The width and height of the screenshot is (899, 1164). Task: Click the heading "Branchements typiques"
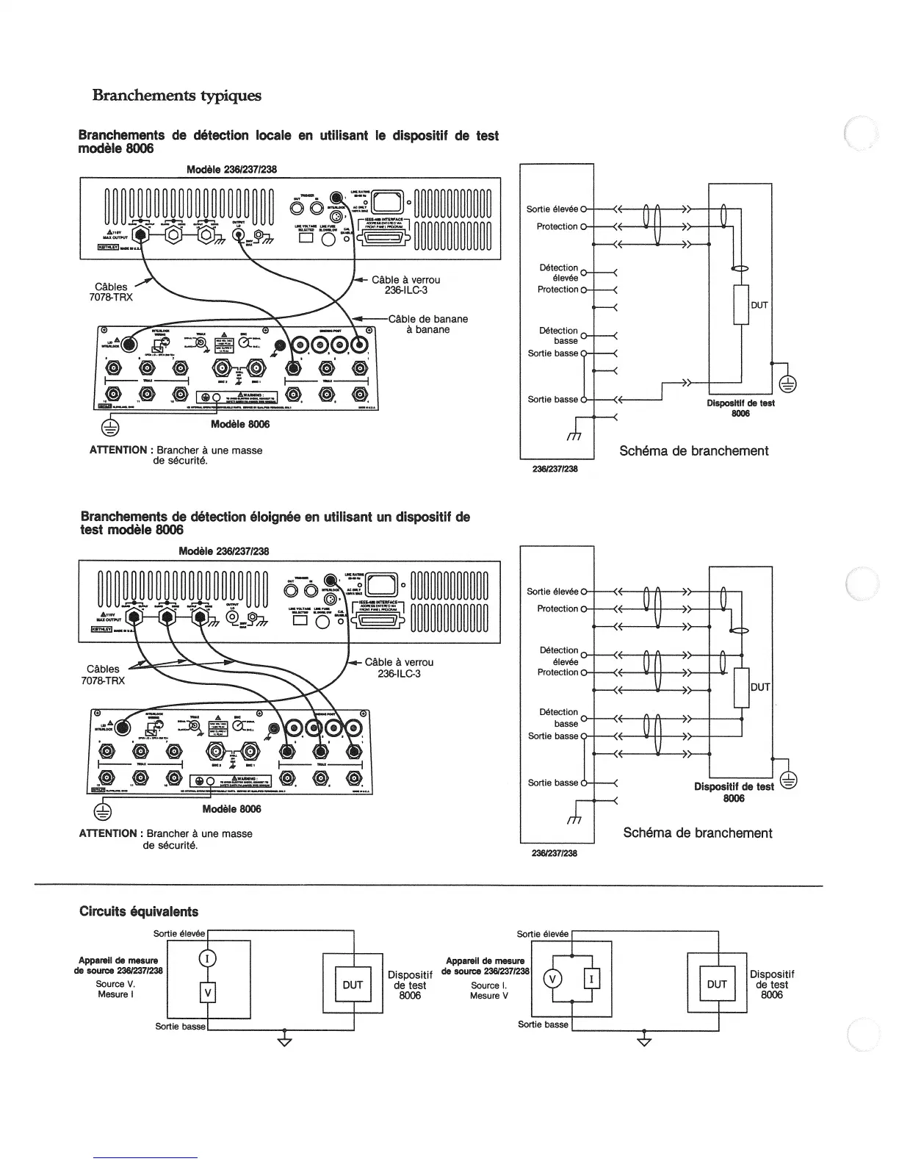176,96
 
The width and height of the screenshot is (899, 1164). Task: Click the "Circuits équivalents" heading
139,911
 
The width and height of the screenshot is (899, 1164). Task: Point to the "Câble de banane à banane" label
427,324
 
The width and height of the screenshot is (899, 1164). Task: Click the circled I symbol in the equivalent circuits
207,958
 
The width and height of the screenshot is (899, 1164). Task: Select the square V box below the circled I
207,993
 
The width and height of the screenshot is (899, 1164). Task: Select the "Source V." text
115,983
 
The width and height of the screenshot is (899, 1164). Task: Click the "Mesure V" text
489,996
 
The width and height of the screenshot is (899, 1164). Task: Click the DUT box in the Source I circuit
716,984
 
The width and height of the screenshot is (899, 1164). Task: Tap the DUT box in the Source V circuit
353,985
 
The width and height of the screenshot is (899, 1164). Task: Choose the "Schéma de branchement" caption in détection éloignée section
697,833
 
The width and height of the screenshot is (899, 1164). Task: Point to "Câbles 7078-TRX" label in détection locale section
111,292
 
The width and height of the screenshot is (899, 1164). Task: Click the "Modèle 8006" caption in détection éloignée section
231,808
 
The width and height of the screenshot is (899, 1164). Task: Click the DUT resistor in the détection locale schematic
740,304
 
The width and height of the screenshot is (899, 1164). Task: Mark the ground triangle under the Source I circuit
644,1041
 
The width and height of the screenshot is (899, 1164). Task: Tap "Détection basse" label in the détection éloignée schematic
560,718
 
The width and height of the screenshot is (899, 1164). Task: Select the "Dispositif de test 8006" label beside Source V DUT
410,985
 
